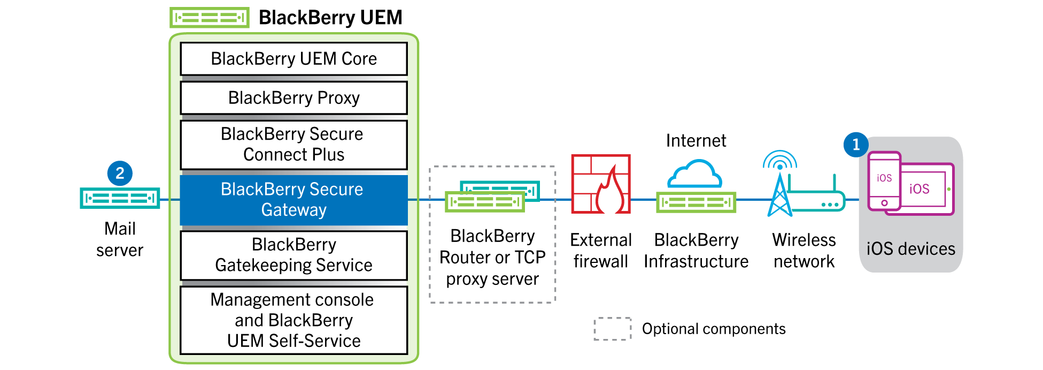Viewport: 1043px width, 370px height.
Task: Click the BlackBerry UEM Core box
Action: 293,58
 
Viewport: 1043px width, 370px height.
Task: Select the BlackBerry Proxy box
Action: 293,97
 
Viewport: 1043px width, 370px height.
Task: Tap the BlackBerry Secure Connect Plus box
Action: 293,144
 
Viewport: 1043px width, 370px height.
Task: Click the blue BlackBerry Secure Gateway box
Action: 293,199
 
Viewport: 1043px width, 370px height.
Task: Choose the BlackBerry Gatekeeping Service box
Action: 293,255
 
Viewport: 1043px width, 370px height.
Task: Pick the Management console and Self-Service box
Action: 293,320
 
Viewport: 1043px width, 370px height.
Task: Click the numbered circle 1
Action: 855,145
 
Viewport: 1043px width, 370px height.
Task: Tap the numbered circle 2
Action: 120,173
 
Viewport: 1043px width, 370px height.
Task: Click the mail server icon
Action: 120,198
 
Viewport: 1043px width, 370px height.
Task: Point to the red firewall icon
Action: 601,184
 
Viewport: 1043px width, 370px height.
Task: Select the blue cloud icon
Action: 695,173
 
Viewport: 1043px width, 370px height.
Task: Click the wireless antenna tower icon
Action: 779,185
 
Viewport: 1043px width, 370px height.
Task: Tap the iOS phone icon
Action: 884,181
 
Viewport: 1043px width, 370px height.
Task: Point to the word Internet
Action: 696,141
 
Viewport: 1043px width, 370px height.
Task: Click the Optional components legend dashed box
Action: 612,328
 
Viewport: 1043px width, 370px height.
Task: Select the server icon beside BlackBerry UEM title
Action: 209,18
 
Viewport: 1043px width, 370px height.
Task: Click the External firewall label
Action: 600,251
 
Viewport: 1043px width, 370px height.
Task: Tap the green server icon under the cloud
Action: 696,202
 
